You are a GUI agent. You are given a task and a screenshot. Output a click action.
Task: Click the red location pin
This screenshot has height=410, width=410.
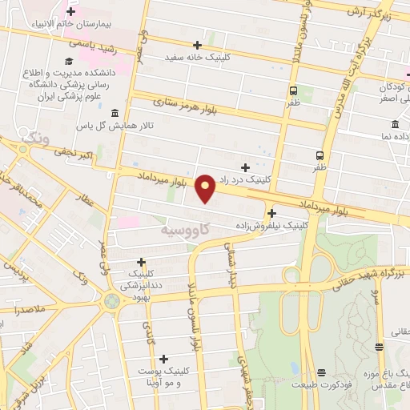point(206,187)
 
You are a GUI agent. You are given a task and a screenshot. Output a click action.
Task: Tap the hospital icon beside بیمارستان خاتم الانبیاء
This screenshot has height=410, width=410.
point(71,12)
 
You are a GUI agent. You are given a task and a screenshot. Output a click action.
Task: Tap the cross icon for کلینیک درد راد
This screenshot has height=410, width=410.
point(245,167)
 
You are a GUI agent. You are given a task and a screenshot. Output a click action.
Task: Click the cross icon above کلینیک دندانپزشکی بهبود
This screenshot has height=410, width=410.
point(141,261)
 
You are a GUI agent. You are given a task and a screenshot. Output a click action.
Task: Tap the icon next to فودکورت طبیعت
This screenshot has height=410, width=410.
point(321,372)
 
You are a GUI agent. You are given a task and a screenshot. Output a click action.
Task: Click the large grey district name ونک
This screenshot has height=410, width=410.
point(35,139)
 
